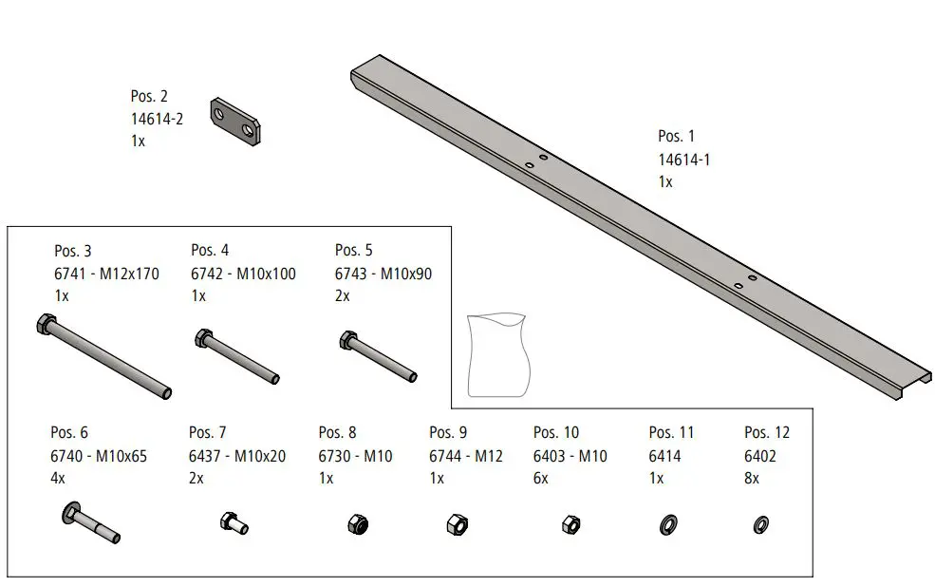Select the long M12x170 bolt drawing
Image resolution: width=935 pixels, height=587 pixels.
pyautogui.click(x=104, y=356)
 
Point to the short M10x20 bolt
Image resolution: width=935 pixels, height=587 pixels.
pyautogui.click(x=234, y=522)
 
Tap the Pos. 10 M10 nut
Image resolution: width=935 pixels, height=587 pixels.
pyautogui.click(x=570, y=523)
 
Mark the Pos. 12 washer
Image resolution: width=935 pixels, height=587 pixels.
pyautogui.click(x=760, y=524)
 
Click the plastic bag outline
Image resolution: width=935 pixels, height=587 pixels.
pyautogui.click(x=496, y=354)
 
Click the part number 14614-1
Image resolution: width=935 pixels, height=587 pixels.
pyautogui.click(x=683, y=160)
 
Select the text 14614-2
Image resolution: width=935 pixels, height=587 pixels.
pyautogui.click(x=157, y=119)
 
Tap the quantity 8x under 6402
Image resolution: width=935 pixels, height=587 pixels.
pyautogui.click(x=752, y=479)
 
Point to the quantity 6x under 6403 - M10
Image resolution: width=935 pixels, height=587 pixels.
pyautogui.click(x=542, y=479)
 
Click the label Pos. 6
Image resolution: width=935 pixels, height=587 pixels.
pyautogui.click(x=69, y=433)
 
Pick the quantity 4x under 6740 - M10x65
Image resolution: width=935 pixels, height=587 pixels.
pyautogui.click(x=58, y=479)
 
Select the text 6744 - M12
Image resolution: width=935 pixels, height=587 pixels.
pyautogui.click(x=465, y=456)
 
